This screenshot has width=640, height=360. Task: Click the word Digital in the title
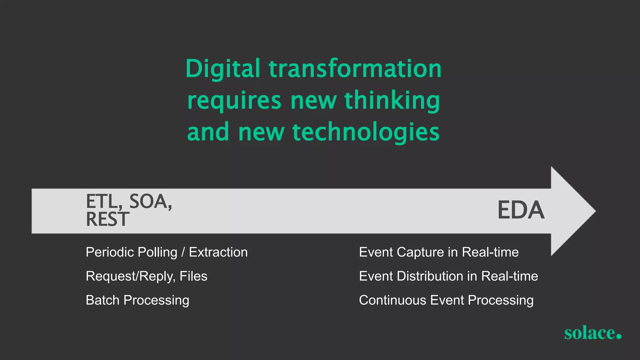(222, 69)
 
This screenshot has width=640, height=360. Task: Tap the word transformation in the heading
(355, 69)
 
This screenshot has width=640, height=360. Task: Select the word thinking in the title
(392, 101)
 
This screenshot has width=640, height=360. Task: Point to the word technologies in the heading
(366, 132)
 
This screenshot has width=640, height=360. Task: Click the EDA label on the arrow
(521, 210)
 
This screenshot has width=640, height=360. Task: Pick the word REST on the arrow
(107, 219)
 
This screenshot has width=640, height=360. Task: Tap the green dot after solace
(618, 336)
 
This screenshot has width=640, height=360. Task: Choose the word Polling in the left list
(157, 252)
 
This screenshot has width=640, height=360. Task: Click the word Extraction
(218, 252)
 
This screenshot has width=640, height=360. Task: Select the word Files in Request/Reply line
(193, 276)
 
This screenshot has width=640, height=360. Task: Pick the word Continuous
(392, 300)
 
